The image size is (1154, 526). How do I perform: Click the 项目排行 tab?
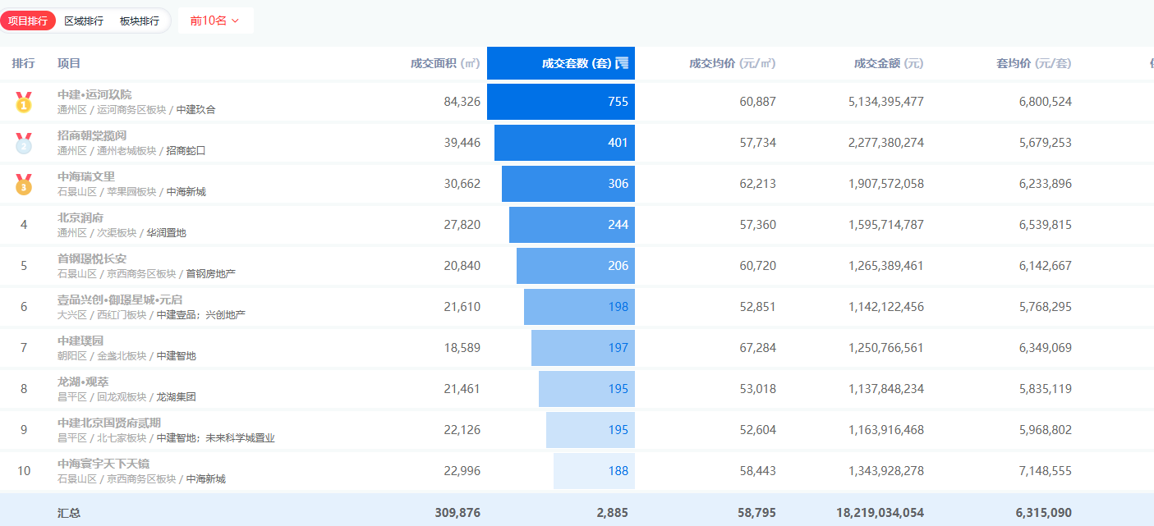[x=28, y=21]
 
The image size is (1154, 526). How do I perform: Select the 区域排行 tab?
[x=84, y=21]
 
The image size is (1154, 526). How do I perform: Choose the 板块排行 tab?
[x=140, y=21]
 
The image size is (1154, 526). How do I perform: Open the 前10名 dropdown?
[x=214, y=21]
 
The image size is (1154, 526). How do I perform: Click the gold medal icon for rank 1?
[x=24, y=102]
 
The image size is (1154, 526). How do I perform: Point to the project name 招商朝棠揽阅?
[x=92, y=135]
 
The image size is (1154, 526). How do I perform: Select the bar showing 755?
[x=561, y=102]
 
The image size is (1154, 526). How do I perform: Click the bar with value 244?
[x=572, y=225]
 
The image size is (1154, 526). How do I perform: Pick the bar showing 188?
[x=594, y=471]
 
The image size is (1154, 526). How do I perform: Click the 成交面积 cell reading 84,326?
[x=462, y=102]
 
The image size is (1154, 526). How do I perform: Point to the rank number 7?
[x=24, y=348]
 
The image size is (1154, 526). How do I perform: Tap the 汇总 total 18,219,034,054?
[x=880, y=512]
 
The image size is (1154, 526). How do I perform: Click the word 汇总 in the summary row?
[x=69, y=512]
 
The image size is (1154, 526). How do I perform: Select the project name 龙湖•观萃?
[x=83, y=382]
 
